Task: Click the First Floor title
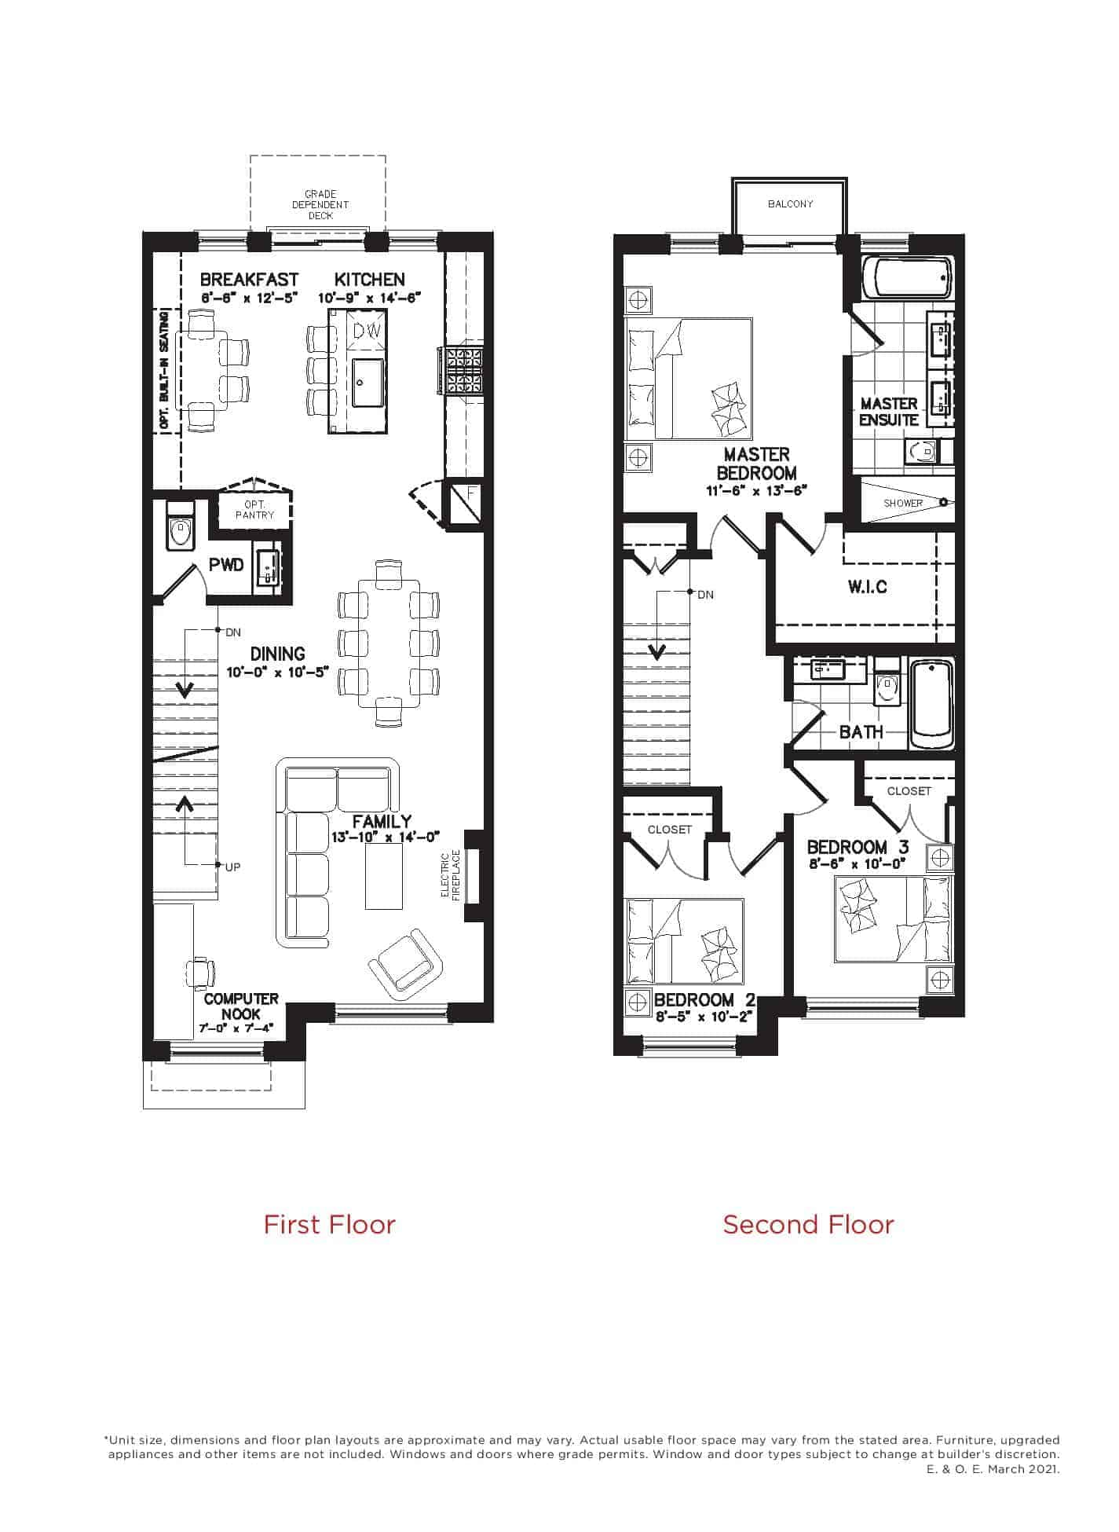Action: click(x=329, y=1224)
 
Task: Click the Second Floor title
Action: click(x=808, y=1224)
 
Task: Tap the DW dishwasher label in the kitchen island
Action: click(x=366, y=332)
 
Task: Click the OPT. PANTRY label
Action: click(x=255, y=510)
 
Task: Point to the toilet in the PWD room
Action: click(x=181, y=525)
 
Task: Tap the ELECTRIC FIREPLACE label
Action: click(x=450, y=875)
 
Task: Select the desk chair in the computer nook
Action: click(x=201, y=973)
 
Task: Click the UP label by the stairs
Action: click(x=232, y=867)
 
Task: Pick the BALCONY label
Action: click(x=791, y=204)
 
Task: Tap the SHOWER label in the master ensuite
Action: click(x=903, y=503)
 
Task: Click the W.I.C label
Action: click(x=868, y=587)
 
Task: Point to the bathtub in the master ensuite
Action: click(x=908, y=277)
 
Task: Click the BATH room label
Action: click(x=861, y=731)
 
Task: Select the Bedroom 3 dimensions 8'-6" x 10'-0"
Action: click(x=857, y=863)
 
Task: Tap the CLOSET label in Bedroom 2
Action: click(x=670, y=830)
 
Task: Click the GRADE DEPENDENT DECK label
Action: click(x=320, y=204)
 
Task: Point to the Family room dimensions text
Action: click(x=386, y=837)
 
